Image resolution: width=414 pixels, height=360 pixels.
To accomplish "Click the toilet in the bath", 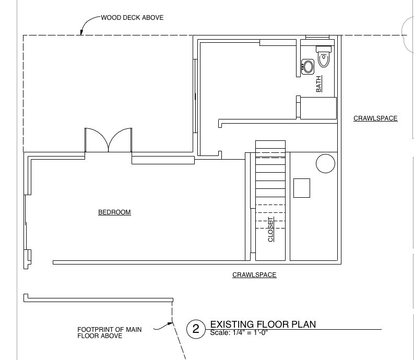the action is (324, 56).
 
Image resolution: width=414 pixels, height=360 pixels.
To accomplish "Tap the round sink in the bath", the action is (307, 66).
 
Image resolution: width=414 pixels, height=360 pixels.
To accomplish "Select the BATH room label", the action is (319, 84).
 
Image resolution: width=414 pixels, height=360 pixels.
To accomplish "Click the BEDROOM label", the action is (114, 212).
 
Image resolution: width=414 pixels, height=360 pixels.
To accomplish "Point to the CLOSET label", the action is (270, 230).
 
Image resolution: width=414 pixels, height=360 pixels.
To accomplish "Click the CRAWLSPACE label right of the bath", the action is (375, 118).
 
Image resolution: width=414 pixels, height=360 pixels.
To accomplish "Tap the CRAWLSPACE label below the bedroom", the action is (254, 275).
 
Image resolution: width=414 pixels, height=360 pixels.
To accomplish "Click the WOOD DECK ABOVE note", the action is (132, 18).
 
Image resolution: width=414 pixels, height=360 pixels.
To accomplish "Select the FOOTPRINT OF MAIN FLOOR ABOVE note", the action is (109, 332).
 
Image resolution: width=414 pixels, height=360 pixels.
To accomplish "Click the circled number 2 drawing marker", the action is (196, 329).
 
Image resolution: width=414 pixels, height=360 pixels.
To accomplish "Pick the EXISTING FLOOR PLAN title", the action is (263, 324).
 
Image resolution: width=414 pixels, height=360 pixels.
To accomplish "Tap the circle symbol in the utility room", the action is (326, 164).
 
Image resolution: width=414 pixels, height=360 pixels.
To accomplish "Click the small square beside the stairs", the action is (302, 188).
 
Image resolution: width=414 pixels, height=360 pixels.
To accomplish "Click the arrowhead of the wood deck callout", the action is (81, 33).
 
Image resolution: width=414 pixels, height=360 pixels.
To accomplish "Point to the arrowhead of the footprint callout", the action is (170, 324).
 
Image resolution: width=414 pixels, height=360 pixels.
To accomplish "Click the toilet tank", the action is (324, 49).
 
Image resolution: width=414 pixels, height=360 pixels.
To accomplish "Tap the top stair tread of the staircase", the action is (270, 145).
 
